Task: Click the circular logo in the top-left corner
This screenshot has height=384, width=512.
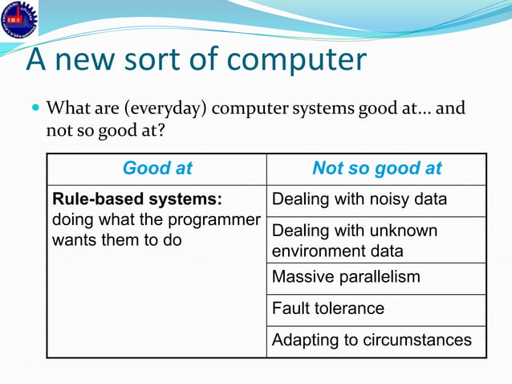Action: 18,18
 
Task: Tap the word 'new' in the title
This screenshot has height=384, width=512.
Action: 93,60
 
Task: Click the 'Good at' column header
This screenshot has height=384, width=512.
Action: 157,169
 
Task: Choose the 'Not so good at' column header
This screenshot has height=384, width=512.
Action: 376,169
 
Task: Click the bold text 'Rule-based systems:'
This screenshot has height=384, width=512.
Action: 136,199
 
